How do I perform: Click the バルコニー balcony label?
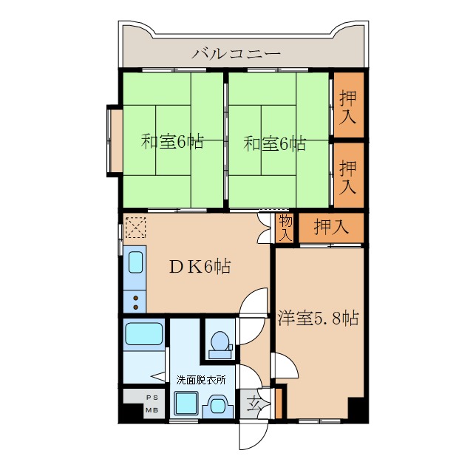click(236, 53)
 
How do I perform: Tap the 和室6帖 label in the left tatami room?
click(171, 141)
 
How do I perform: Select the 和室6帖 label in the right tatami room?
click(275, 143)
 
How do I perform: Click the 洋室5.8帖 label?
click(319, 319)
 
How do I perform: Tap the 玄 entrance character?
click(254, 404)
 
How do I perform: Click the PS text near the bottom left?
click(151, 397)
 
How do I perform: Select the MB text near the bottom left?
click(151, 409)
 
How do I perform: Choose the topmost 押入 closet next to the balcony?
click(347, 105)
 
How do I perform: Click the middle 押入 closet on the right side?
click(347, 177)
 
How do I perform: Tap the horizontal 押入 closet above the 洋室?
click(330, 228)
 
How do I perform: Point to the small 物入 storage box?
click(285, 228)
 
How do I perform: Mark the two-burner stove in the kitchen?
click(135, 301)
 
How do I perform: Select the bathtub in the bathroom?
click(143, 334)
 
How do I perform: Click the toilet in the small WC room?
click(220, 341)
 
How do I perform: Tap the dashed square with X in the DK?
click(135, 227)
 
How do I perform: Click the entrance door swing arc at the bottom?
click(251, 435)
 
